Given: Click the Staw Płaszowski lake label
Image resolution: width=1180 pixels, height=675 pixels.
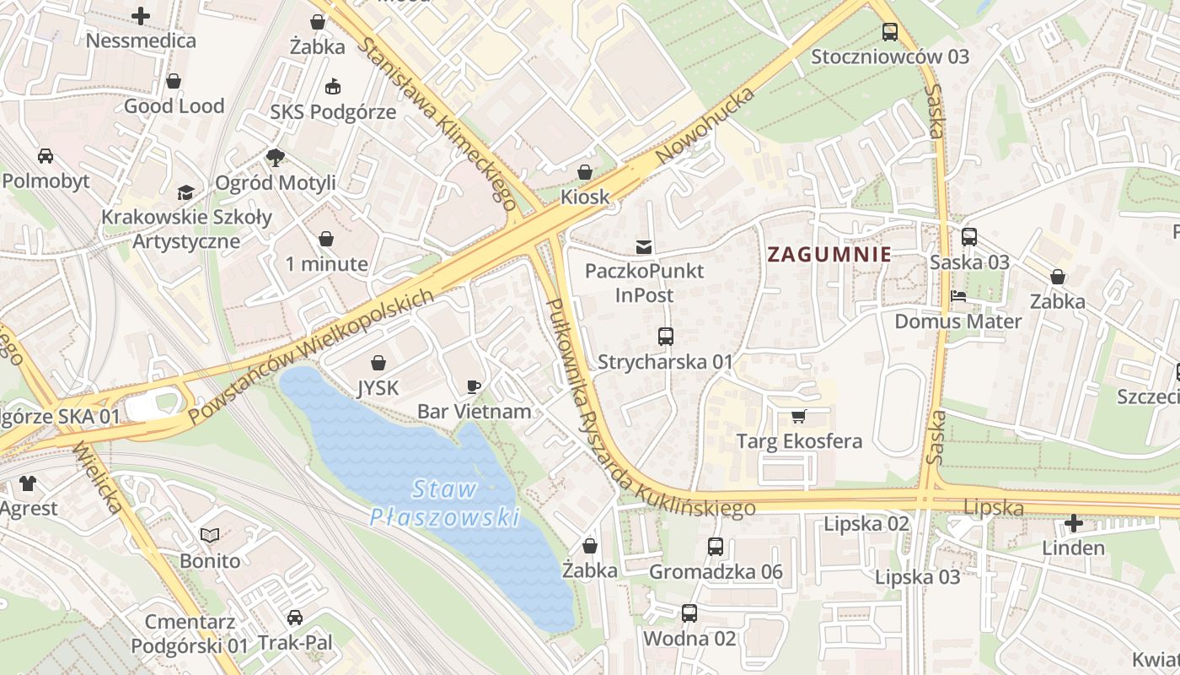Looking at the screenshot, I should tap(444, 503).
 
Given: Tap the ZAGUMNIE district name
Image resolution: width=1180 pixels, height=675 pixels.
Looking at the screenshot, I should tap(829, 254).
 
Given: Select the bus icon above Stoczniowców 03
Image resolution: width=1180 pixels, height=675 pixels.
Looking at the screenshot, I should tap(890, 33).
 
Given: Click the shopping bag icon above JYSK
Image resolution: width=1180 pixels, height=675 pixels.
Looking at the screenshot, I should tap(378, 363).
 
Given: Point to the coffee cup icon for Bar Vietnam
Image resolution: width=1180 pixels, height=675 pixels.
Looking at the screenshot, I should tap(474, 386).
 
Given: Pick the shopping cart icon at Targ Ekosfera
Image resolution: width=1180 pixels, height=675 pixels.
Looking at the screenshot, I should tap(798, 416).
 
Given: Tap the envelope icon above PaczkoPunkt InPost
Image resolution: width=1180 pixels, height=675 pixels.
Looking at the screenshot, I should tap(644, 246).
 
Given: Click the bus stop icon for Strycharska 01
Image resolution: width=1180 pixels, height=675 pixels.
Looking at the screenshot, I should tap(665, 337).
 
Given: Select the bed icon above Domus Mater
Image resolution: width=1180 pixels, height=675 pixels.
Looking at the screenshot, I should tap(958, 296).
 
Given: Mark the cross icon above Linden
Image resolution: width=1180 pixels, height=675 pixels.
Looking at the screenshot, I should tap(1073, 523).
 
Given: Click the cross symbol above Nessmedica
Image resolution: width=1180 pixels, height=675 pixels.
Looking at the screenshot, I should tap(141, 15).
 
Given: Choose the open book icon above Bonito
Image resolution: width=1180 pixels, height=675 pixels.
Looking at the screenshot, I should tap(210, 535).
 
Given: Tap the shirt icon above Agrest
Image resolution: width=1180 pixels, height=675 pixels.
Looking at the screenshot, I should tap(28, 483).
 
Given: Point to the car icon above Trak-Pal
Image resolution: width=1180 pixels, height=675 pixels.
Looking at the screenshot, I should tap(294, 618).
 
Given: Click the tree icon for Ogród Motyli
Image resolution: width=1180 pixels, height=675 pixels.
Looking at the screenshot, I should tap(275, 157).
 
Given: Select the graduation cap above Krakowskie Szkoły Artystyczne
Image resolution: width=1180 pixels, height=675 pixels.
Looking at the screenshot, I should tap(185, 192).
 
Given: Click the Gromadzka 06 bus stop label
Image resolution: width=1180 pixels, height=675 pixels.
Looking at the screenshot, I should tap(716, 572).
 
